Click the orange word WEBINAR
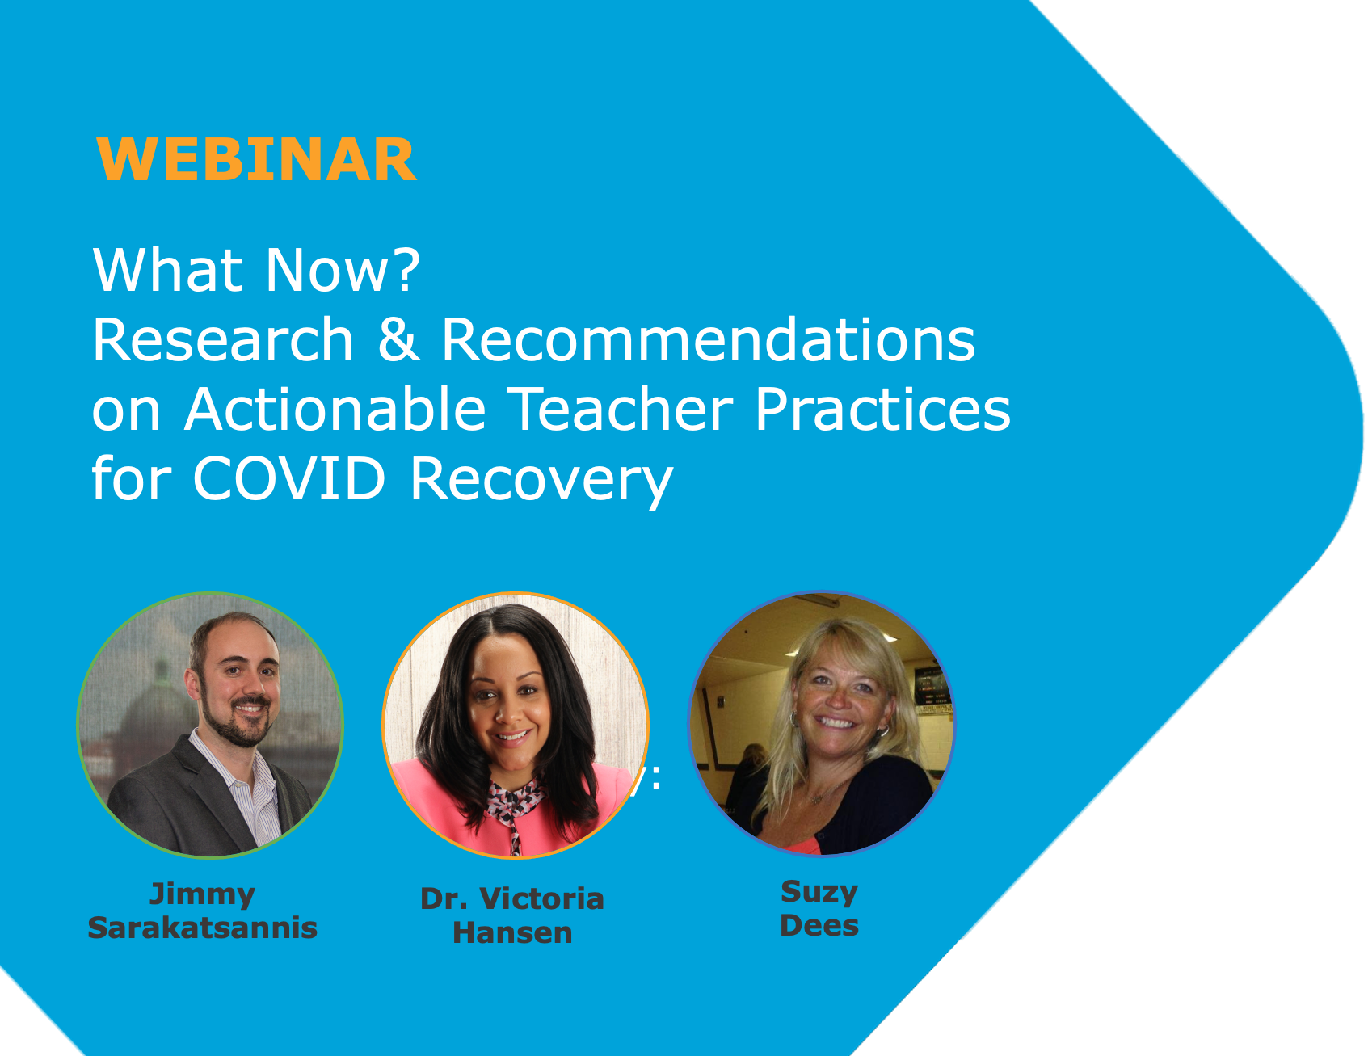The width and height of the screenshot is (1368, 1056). (256, 160)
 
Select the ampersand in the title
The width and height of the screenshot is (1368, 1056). (398, 339)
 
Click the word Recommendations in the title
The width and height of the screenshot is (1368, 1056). (709, 339)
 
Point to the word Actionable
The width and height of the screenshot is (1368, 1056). (335, 408)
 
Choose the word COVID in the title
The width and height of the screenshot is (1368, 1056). (289, 478)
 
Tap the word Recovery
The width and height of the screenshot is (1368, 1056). (542, 481)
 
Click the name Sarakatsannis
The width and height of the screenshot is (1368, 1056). (202, 928)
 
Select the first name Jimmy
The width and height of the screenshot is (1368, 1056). (202, 895)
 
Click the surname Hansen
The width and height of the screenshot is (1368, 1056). (512, 932)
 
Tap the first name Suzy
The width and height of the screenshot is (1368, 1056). (819, 893)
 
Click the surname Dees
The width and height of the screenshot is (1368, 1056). (819, 925)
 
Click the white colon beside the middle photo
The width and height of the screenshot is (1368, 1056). (655, 777)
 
